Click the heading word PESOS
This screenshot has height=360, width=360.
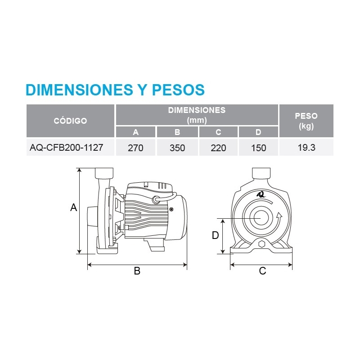click(x=178, y=90)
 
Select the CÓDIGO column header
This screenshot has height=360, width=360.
click(x=70, y=121)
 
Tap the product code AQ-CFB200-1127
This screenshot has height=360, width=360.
click(x=66, y=148)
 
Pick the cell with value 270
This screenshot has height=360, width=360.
click(x=135, y=148)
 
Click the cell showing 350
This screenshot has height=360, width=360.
click(x=177, y=148)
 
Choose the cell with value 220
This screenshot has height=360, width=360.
click(x=218, y=148)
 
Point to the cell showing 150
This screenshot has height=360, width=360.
click(x=258, y=148)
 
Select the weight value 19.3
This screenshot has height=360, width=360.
click(x=306, y=148)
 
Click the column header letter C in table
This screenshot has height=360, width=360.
click(x=218, y=132)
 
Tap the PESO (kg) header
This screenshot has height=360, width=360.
click(x=306, y=121)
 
